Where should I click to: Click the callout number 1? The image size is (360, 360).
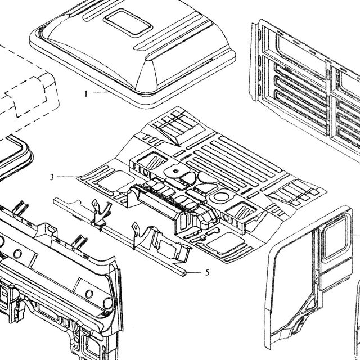(x=86, y=94)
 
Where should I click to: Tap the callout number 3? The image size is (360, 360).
(x=52, y=177)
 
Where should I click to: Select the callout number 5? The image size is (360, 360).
(x=208, y=272)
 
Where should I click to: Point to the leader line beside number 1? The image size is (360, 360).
(x=101, y=92)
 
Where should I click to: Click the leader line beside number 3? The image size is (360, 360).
(x=69, y=176)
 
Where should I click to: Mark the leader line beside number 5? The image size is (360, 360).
(x=194, y=272)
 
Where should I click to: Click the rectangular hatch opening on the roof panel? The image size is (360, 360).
(x=128, y=22)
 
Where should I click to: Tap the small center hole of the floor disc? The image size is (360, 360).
(x=176, y=171)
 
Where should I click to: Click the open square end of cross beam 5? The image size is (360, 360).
(x=184, y=273)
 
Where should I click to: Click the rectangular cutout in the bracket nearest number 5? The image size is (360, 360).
(x=166, y=249)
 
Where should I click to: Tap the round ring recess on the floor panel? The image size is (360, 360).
(x=221, y=197)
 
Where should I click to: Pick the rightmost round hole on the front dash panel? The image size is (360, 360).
(x=107, y=303)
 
